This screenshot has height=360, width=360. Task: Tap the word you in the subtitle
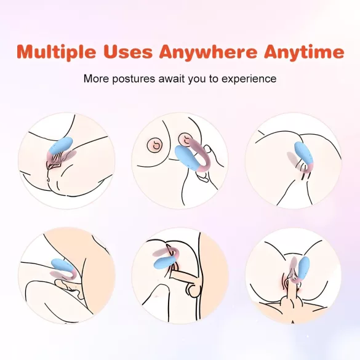(x=195, y=79)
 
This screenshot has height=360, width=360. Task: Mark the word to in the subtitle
(x=212, y=79)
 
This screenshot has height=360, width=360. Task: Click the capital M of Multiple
(x=26, y=52)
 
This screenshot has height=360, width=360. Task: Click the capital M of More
(x=87, y=79)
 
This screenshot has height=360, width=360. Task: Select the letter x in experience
(x=231, y=79)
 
